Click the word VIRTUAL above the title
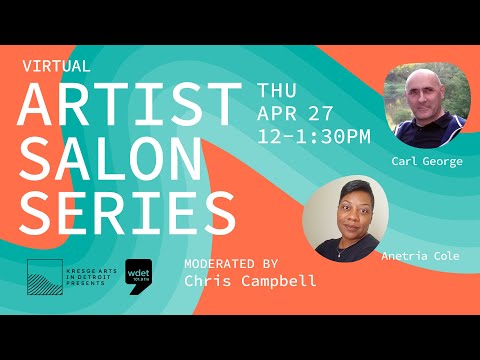56,67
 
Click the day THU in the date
277,89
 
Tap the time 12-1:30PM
314,134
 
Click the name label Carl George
428,161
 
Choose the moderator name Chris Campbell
251,281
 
